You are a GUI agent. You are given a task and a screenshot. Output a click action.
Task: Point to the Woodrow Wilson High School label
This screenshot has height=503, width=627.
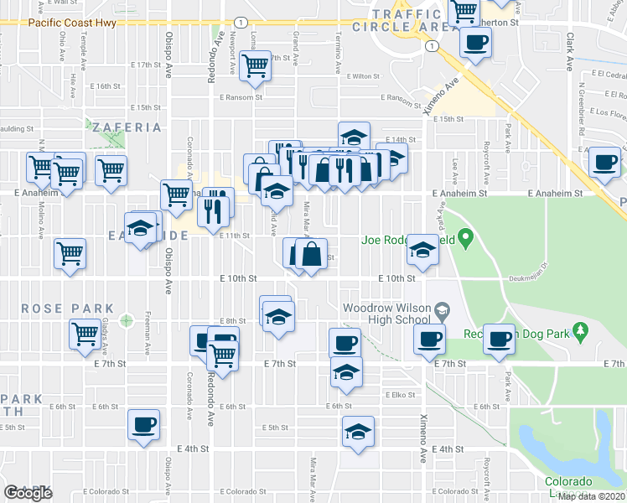tap(386, 314)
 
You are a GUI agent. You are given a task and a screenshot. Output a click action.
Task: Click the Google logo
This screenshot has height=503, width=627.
tap(28, 493)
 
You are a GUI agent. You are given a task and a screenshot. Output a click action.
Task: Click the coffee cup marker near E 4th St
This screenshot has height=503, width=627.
tap(143, 425)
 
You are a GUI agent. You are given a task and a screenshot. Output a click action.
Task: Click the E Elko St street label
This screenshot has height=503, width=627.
tap(400, 394)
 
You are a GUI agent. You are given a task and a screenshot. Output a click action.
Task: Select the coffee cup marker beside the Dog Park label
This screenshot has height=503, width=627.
tap(500, 339)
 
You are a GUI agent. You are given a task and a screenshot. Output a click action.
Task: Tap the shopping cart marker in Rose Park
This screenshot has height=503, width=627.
tap(84, 334)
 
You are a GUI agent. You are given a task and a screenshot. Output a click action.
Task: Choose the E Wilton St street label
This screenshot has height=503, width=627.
tap(365, 76)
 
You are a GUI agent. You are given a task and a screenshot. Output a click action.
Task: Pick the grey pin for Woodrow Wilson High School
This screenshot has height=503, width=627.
tap(439, 312)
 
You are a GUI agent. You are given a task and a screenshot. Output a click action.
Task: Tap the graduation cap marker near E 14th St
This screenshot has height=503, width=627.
tap(355, 137)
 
